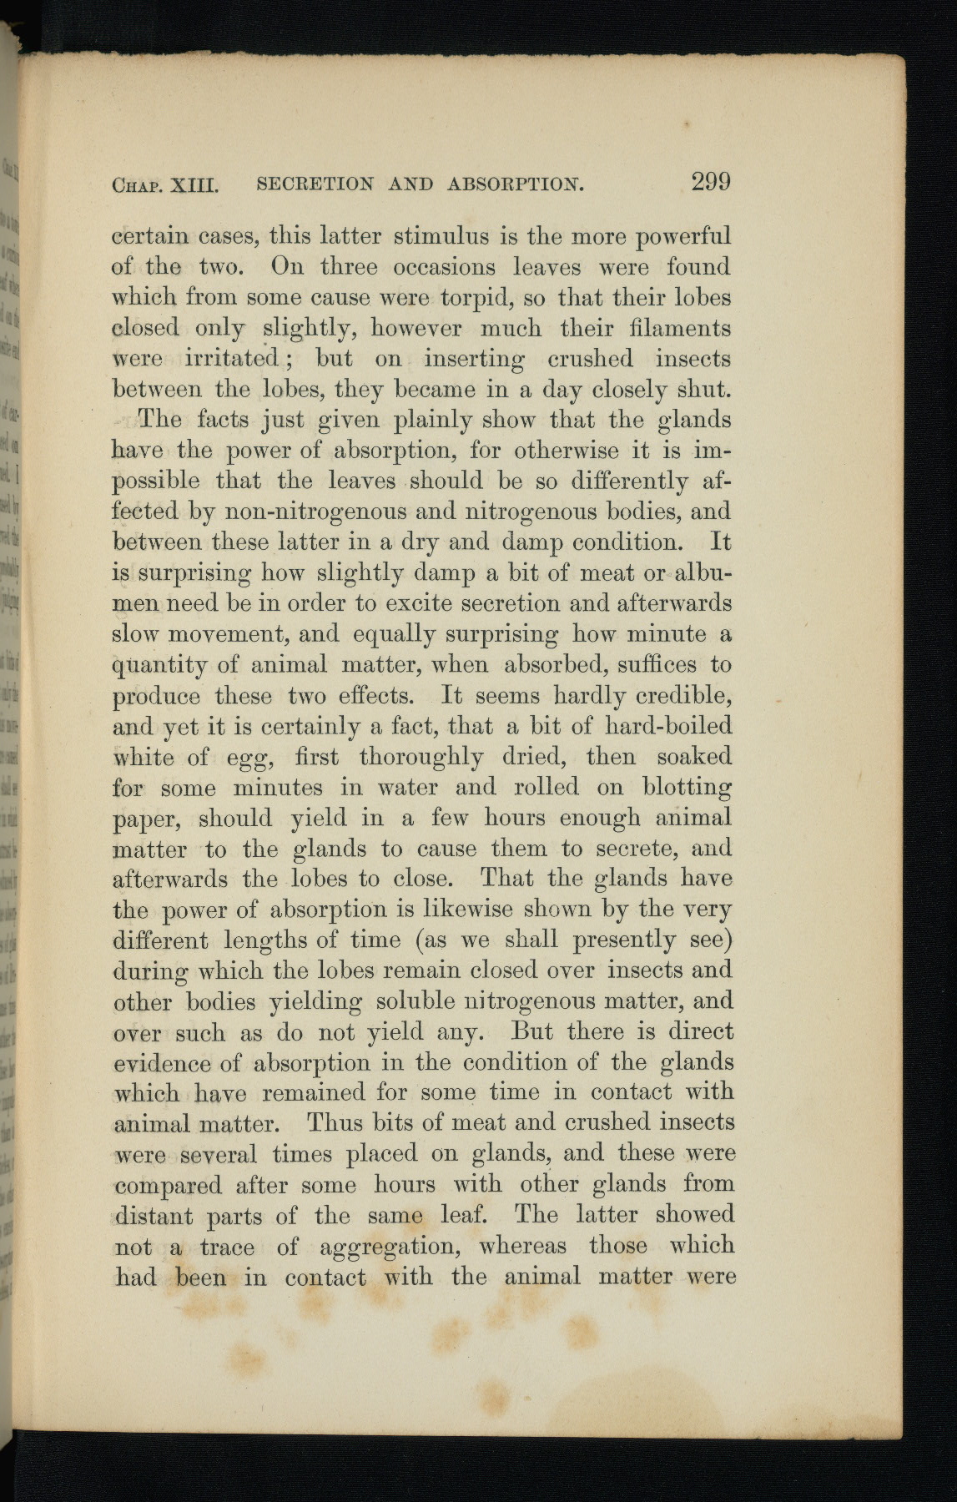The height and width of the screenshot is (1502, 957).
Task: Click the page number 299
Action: click(x=710, y=181)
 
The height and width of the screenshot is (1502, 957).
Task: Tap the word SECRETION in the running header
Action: click(x=315, y=184)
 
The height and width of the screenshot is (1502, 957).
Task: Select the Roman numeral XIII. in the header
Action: click(x=194, y=184)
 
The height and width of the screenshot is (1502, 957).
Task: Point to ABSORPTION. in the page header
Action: click(x=516, y=184)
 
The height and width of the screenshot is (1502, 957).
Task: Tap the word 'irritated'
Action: click(x=231, y=360)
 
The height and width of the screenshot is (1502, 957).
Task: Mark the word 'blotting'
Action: click(x=688, y=788)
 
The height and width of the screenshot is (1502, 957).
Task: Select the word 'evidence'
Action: click(x=162, y=1063)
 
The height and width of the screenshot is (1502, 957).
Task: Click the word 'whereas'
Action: click(x=522, y=1246)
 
